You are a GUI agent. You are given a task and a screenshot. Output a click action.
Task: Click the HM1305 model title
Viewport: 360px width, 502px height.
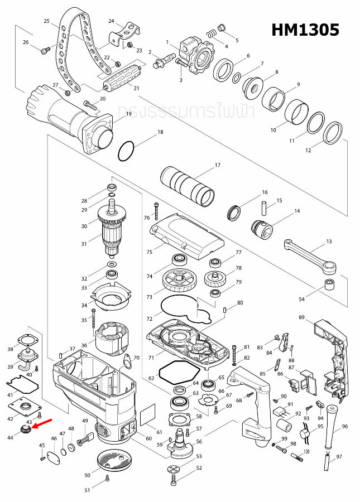click(305, 30)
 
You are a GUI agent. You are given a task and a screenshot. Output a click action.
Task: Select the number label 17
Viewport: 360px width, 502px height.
click(218, 165)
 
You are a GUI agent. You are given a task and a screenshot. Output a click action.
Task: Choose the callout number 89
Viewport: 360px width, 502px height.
click(301, 317)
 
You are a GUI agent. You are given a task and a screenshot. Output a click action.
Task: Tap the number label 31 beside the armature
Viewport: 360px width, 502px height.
click(84, 244)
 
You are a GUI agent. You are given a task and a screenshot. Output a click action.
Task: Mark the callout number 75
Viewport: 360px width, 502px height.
click(148, 252)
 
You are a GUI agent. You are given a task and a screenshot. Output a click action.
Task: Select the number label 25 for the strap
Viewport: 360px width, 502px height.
click(46, 21)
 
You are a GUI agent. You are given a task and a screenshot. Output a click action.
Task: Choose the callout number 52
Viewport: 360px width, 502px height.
click(199, 467)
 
